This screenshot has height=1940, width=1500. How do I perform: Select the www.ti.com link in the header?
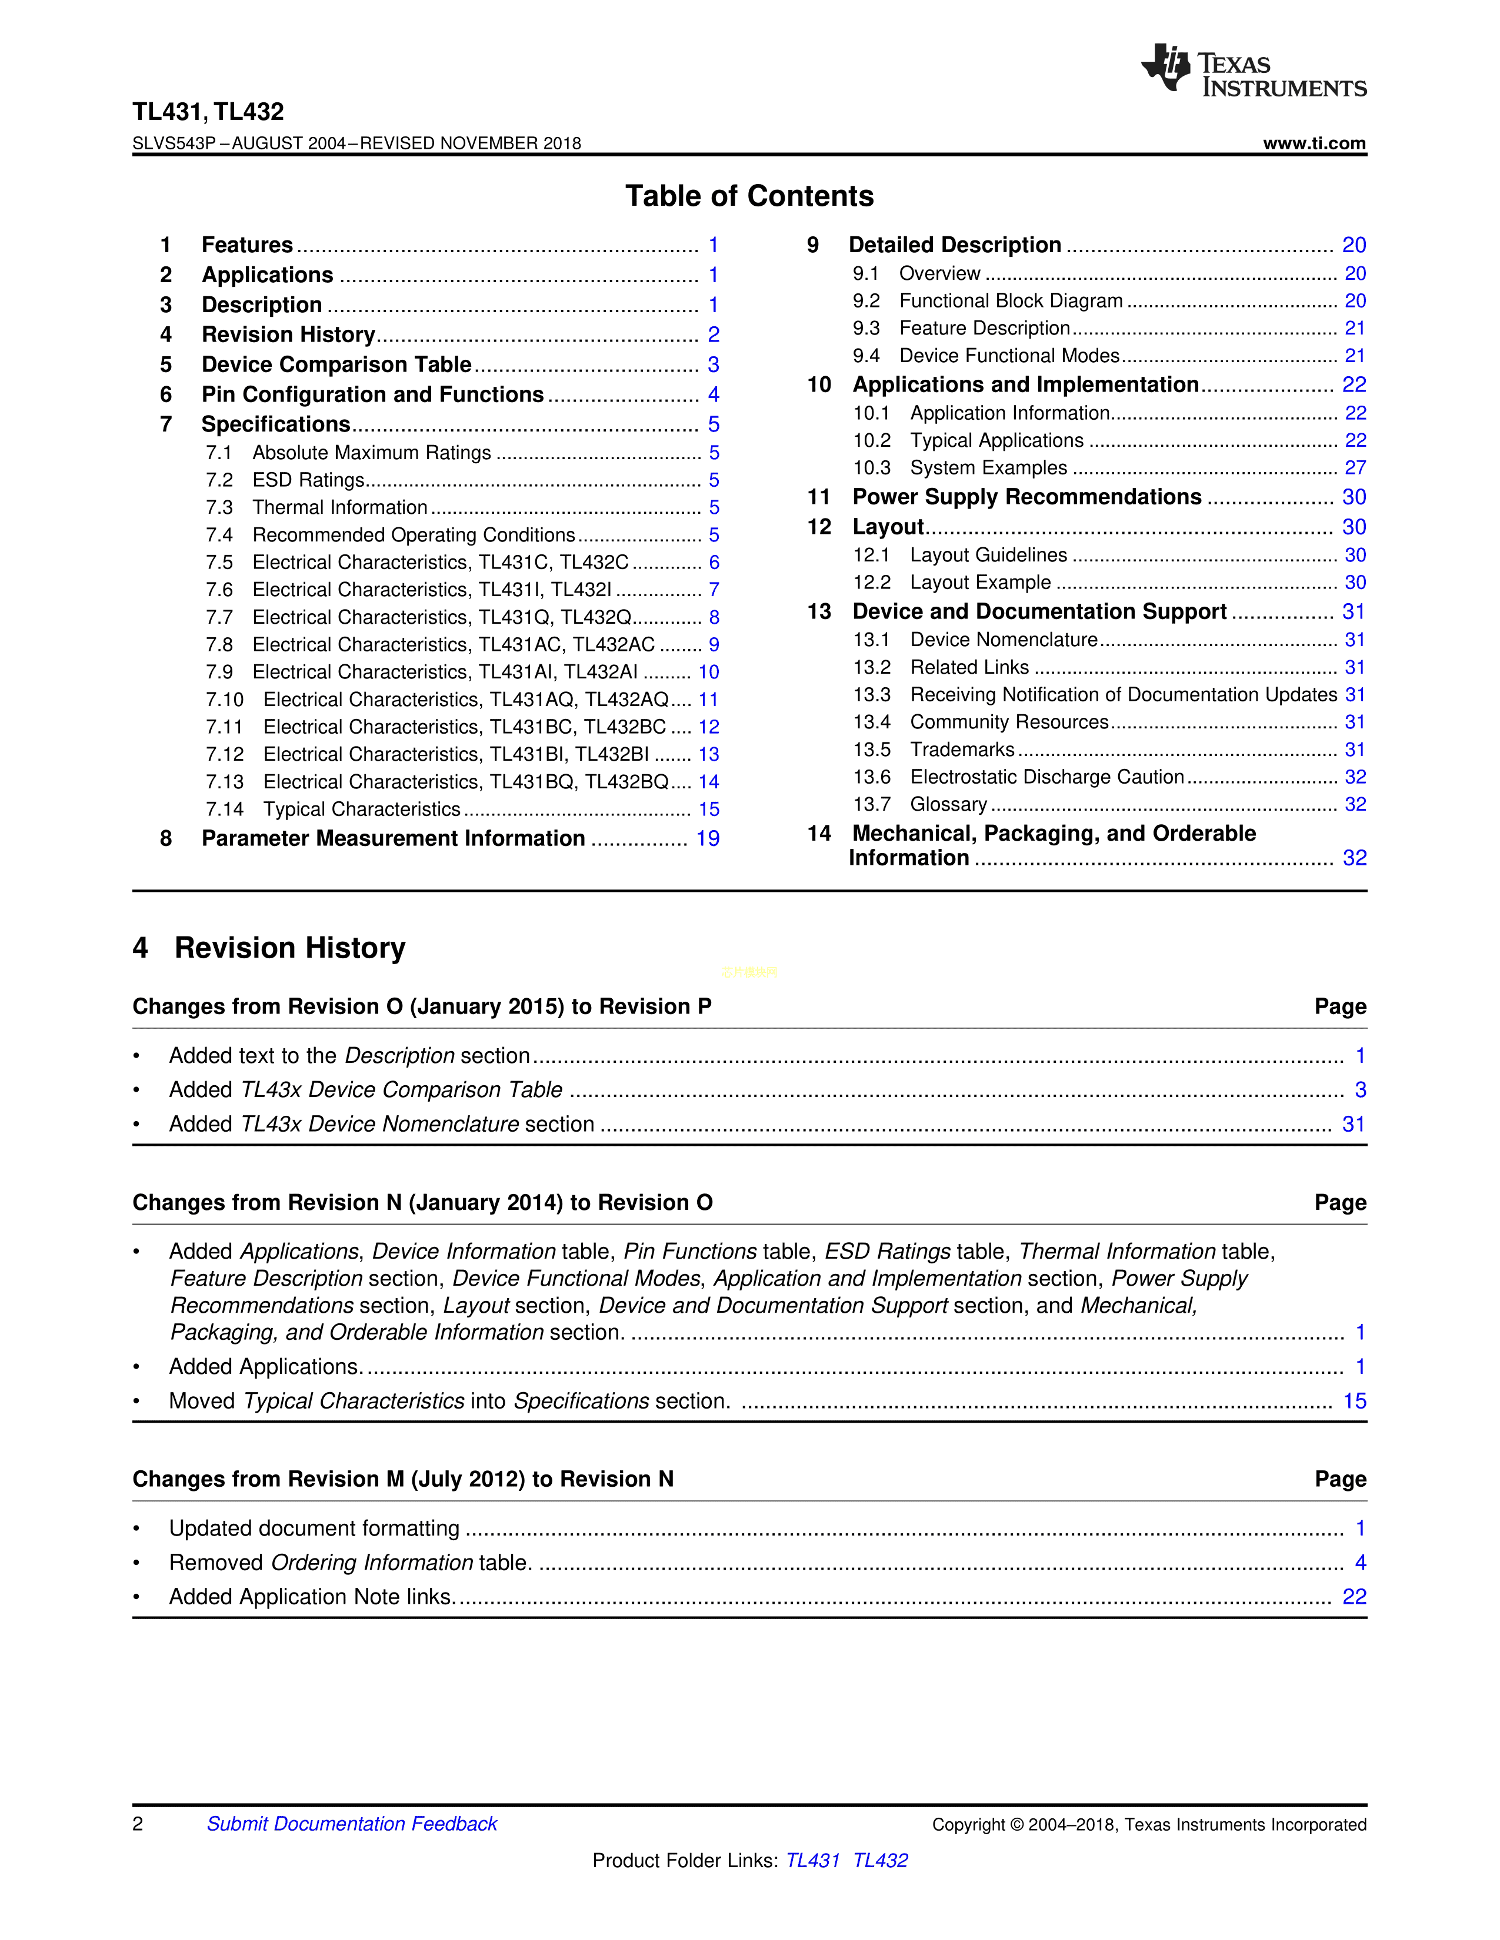coord(1314,143)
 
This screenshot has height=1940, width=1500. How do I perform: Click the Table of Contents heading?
coord(749,196)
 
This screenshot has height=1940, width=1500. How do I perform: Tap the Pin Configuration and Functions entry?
coord(372,394)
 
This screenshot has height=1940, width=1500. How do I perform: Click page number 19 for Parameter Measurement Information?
coord(707,838)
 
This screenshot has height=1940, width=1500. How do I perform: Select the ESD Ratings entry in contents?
coord(308,480)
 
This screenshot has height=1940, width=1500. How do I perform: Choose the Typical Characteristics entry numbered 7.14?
coord(362,810)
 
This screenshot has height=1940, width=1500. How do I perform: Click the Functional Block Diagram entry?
coord(1011,301)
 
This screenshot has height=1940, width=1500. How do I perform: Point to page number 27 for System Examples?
coord(1354,468)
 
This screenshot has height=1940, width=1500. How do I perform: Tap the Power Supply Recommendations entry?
coord(1026,497)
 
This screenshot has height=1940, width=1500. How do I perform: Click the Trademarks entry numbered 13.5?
coord(962,750)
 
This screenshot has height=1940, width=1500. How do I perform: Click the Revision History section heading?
coord(289,948)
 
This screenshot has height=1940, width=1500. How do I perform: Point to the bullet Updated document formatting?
coord(315,1528)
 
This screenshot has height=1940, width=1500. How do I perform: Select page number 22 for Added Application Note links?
coord(1354,1597)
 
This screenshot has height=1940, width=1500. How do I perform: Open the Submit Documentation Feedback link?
coord(352,1824)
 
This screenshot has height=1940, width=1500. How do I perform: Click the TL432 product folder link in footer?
coord(880,1860)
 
